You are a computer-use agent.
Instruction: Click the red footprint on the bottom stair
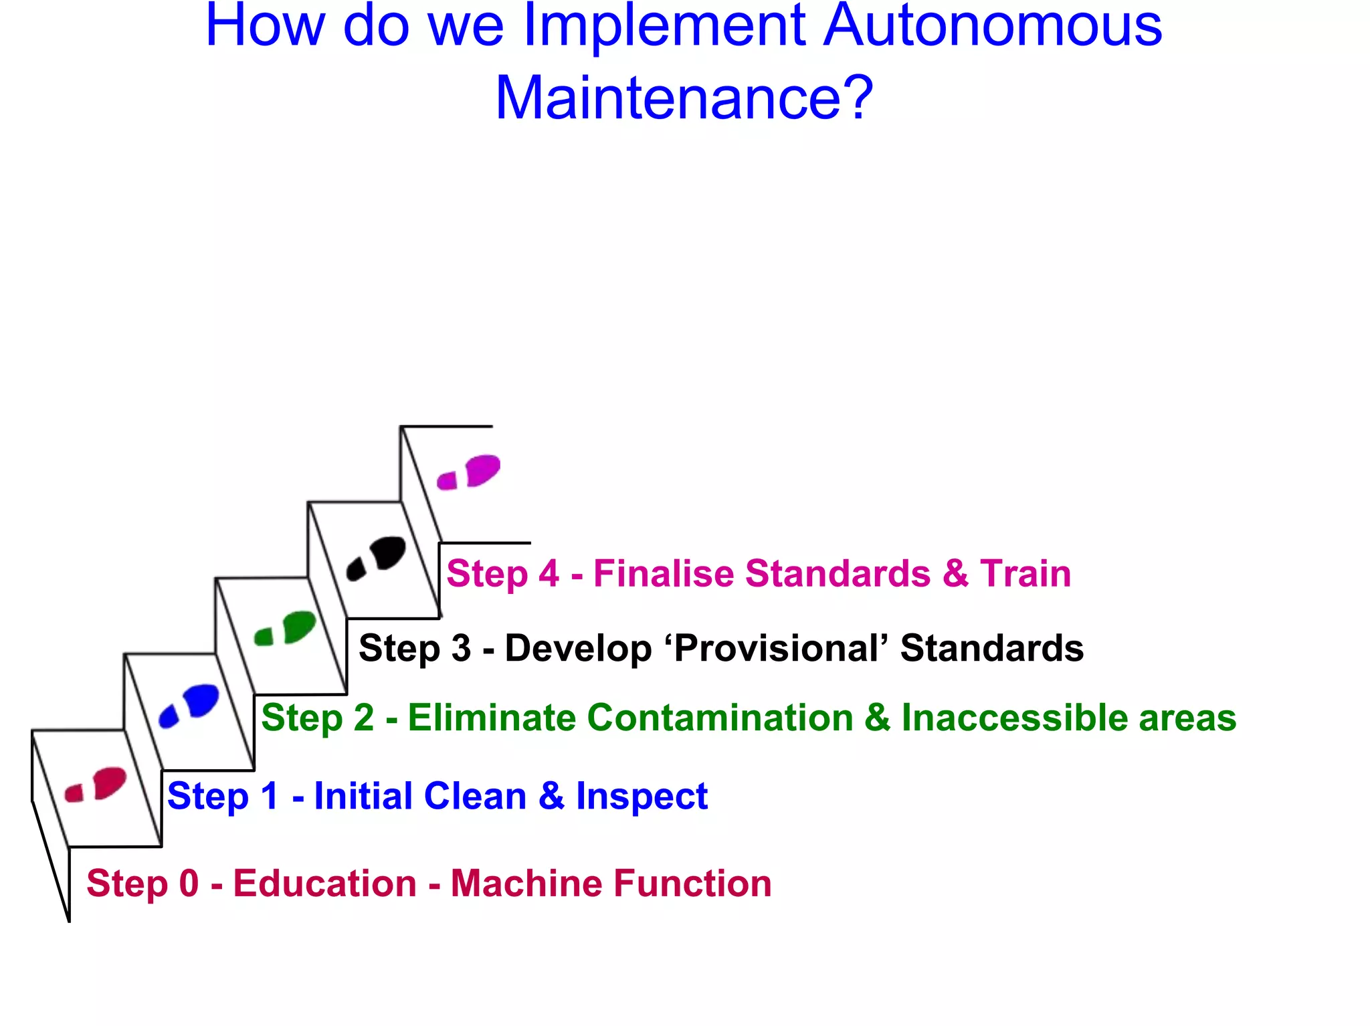point(96,784)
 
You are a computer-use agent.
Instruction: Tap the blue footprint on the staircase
point(189,705)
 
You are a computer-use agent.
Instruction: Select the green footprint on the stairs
point(286,629)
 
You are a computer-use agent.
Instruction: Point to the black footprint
point(377,556)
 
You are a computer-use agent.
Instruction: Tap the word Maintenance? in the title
point(684,98)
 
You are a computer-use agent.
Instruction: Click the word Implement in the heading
point(664,27)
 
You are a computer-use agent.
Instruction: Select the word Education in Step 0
point(325,883)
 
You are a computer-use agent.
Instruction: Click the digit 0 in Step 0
point(189,883)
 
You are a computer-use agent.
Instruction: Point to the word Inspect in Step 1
point(642,796)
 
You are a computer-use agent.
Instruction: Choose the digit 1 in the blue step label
point(270,796)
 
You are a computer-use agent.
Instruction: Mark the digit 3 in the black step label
point(461,648)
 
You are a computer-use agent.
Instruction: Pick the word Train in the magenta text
point(1025,573)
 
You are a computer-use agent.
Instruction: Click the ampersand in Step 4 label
point(955,573)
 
